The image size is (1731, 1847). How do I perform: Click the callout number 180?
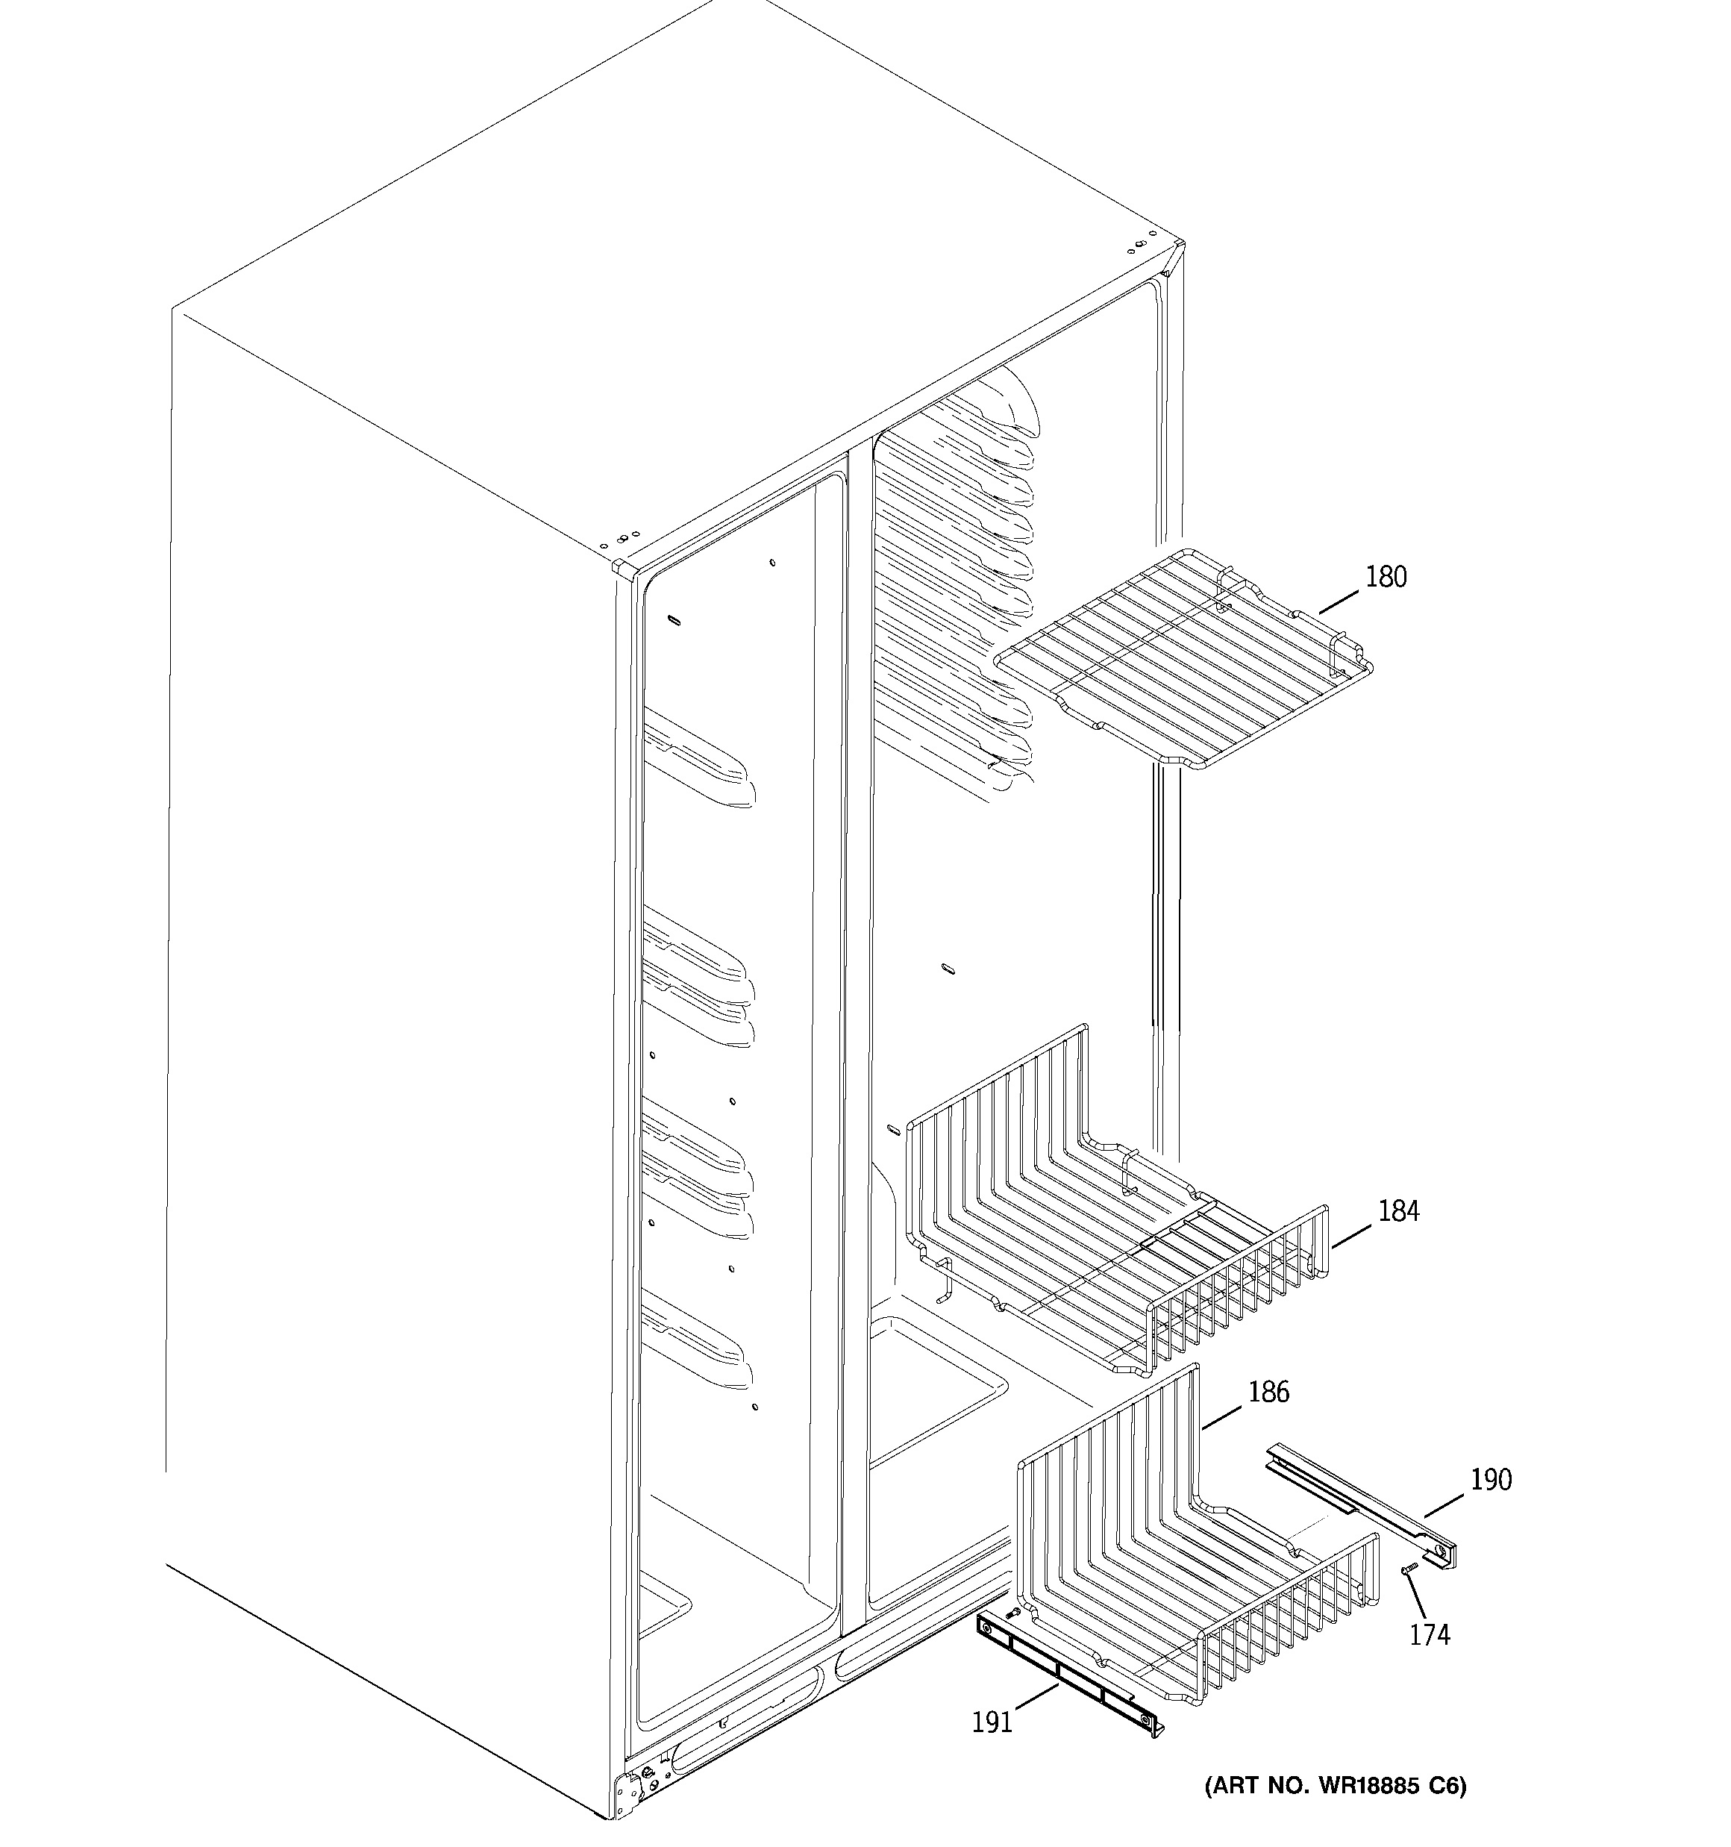tap(1385, 577)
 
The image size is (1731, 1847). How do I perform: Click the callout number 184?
tap(1397, 1211)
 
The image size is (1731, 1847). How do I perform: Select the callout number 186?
tap(1268, 1392)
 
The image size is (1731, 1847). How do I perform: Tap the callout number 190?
tap(1490, 1479)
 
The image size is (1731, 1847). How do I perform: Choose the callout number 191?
tap(992, 1722)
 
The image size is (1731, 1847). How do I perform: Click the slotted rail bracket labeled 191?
tap(1068, 1673)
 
